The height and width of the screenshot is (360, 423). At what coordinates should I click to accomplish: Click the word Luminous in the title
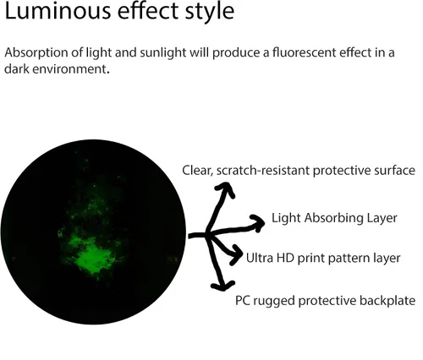click(58, 11)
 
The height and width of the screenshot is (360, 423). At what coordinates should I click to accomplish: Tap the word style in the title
click(210, 13)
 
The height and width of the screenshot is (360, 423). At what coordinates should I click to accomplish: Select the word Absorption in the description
click(36, 52)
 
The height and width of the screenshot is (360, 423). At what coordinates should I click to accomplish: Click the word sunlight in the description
click(163, 52)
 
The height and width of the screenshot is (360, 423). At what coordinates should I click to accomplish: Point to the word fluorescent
click(305, 52)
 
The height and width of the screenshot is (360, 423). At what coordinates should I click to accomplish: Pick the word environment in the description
click(71, 68)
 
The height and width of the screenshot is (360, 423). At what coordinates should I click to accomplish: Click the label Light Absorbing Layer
click(334, 218)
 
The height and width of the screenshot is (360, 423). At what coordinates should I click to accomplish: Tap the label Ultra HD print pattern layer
click(323, 258)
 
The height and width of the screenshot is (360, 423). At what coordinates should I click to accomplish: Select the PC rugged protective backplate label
click(325, 301)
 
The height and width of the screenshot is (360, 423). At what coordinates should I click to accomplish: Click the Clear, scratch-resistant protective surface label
click(299, 171)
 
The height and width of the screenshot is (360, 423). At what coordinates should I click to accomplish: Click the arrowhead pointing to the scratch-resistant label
click(225, 188)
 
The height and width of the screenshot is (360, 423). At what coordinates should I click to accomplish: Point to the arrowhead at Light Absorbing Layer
click(258, 222)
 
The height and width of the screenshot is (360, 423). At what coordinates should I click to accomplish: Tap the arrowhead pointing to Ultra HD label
click(236, 255)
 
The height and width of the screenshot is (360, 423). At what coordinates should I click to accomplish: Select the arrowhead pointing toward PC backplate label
click(222, 286)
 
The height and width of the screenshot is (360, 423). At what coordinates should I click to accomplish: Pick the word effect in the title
click(148, 11)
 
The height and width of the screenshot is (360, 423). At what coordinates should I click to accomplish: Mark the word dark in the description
click(17, 68)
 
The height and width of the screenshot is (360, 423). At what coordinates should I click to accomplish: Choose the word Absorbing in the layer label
click(334, 218)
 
